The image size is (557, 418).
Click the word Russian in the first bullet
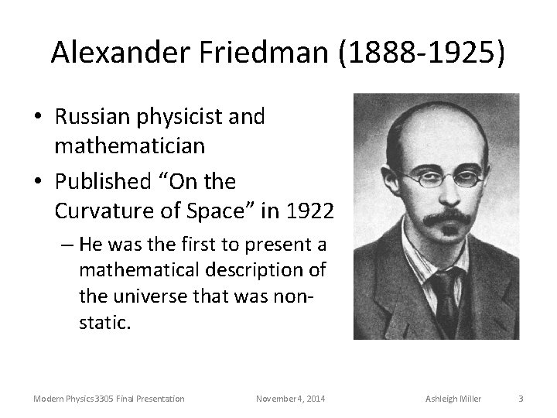click(x=92, y=118)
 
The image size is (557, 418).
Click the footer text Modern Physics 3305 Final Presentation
click(x=108, y=399)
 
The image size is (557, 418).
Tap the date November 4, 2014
click(x=290, y=399)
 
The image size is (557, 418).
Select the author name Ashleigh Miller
click(x=453, y=399)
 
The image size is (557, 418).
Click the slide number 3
click(x=521, y=399)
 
